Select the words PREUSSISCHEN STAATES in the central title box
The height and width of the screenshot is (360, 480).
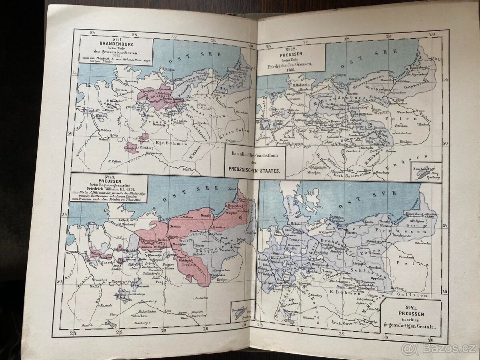point(255,170)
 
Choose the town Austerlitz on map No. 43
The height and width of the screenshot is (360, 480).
point(200,298)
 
